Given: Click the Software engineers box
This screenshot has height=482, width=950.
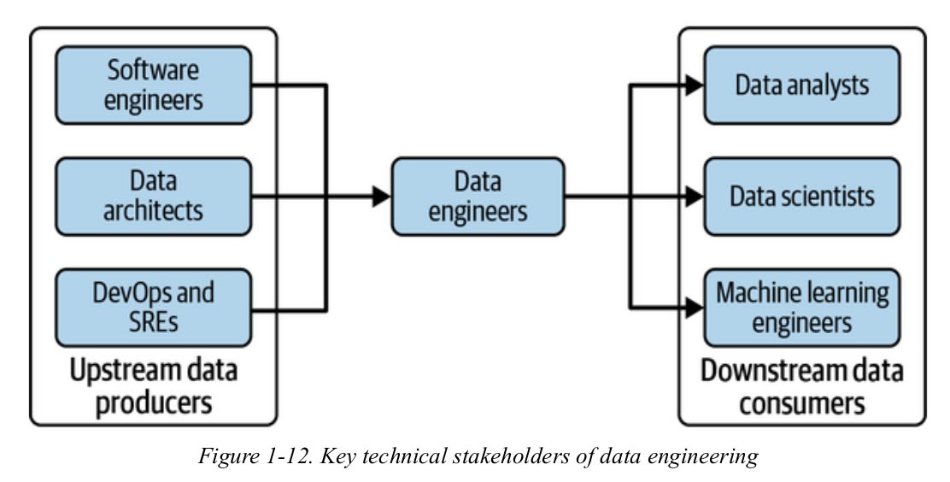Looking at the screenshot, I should click(x=154, y=85).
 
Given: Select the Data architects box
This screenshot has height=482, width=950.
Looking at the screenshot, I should click(x=154, y=196).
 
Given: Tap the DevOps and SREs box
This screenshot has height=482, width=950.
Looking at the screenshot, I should click(x=154, y=307).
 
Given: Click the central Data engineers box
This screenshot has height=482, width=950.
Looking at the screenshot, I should click(x=478, y=196).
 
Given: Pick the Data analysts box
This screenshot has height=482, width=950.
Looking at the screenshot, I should click(x=801, y=85).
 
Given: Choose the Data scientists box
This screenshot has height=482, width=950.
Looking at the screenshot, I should click(x=801, y=196).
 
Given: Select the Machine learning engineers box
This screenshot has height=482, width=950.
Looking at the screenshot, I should click(x=801, y=307).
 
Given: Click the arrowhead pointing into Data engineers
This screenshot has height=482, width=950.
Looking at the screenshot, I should click(x=381, y=197).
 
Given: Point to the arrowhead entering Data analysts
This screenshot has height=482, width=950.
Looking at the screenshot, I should click(x=694, y=85).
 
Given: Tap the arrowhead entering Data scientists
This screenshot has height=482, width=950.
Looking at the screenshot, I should click(x=694, y=197).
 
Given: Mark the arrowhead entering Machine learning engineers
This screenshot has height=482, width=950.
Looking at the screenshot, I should click(x=694, y=308).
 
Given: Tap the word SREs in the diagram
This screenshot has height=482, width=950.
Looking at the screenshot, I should click(x=154, y=321).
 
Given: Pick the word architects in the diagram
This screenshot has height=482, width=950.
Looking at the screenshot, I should click(x=154, y=210).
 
